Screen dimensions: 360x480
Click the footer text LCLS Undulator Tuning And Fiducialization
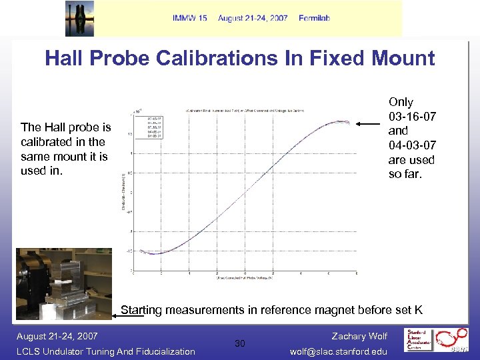[105, 351]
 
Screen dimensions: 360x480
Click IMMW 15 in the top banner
[190, 18]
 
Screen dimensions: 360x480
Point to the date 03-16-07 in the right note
[412, 117]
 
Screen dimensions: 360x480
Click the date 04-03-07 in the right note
[412, 145]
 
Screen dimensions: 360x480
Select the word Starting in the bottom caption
[142, 310]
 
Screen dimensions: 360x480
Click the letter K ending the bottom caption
[418, 310]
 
